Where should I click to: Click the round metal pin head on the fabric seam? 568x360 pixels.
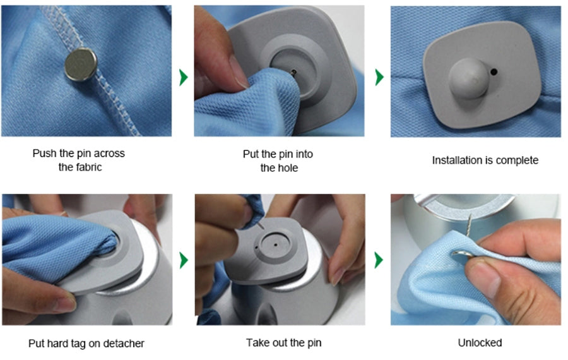(81, 64)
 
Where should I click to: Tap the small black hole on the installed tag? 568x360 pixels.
(494, 72)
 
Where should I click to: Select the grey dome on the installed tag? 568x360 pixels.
(469, 78)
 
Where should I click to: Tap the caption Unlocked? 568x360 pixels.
(480, 342)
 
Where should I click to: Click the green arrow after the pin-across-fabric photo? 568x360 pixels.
(184, 77)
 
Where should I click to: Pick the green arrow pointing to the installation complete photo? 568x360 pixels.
(379, 77)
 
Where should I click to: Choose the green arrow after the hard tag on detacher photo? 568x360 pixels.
(184, 260)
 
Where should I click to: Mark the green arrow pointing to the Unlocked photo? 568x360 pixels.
(379, 260)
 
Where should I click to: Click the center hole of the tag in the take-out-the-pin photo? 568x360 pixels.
(276, 245)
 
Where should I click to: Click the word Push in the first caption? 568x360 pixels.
(45, 153)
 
